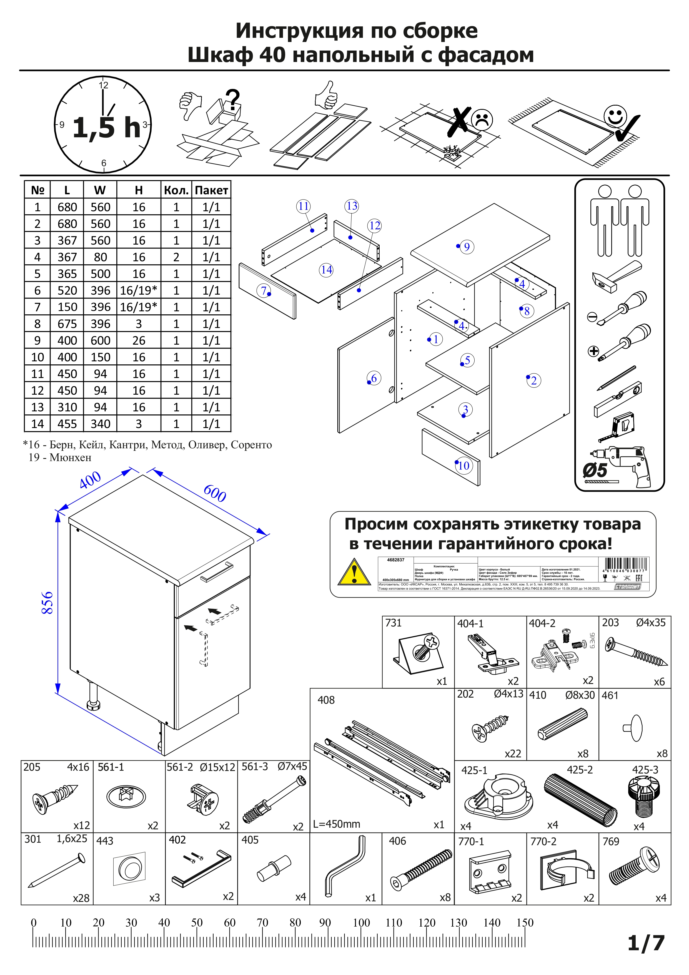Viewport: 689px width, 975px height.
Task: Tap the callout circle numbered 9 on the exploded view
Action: coord(467,247)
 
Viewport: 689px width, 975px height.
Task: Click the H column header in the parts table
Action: coord(139,190)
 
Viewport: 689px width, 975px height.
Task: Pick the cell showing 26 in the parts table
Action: coord(139,340)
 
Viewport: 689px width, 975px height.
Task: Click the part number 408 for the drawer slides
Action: coord(326,700)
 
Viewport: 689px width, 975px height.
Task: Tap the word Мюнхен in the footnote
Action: coord(71,457)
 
